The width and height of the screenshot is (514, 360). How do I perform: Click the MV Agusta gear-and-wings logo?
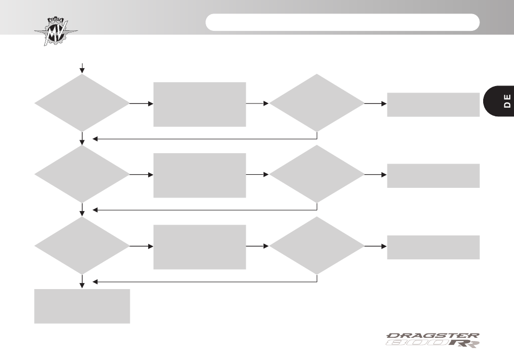click(56, 31)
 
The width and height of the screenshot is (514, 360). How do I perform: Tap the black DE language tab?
click(499, 101)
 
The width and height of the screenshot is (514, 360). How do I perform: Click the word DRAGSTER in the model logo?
click(433, 336)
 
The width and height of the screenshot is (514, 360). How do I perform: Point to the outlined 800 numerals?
click(417, 343)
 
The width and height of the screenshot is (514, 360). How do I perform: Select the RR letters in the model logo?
click(464, 344)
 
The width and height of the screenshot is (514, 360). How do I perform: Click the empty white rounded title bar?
click(342, 22)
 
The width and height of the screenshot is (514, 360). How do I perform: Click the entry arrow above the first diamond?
click(82, 68)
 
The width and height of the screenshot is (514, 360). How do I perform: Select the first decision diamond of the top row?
click(82, 103)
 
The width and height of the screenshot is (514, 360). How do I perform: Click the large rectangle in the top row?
click(200, 104)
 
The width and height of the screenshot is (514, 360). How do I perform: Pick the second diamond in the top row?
click(317, 103)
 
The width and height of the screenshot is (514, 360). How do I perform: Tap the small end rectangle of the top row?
click(433, 104)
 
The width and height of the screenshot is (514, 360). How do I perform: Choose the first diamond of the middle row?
click(82, 174)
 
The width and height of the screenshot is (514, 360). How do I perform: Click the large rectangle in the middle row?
click(200, 175)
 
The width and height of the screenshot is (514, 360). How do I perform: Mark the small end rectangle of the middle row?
click(433, 176)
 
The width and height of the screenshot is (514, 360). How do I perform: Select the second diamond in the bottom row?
click(317, 246)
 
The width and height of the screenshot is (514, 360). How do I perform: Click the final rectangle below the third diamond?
click(82, 306)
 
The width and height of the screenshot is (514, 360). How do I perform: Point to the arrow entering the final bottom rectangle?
click(82, 282)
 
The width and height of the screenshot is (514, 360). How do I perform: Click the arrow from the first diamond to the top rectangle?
click(142, 103)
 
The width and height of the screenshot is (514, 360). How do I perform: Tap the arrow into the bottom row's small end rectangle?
click(375, 246)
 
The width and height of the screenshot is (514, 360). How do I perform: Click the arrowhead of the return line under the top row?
click(95, 139)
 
